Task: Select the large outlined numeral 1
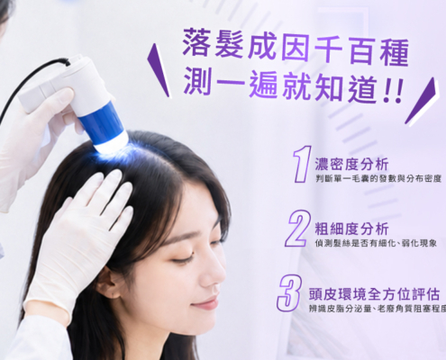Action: (x=302, y=165)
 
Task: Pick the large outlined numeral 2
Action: (x=297, y=229)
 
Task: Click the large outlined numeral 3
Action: (x=290, y=292)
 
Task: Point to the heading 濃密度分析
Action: (x=351, y=165)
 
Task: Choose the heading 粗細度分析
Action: (x=351, y=229)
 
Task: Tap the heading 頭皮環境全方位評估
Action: (x=374, y=294)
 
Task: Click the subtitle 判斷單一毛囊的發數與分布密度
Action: (x=378, y=179)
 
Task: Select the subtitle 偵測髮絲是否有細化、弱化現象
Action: (x=376, y=244)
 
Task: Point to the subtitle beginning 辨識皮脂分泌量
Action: (x=378, y=309)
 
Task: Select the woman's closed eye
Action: (x=181, y=259)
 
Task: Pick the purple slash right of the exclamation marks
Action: (x=422, y=102)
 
